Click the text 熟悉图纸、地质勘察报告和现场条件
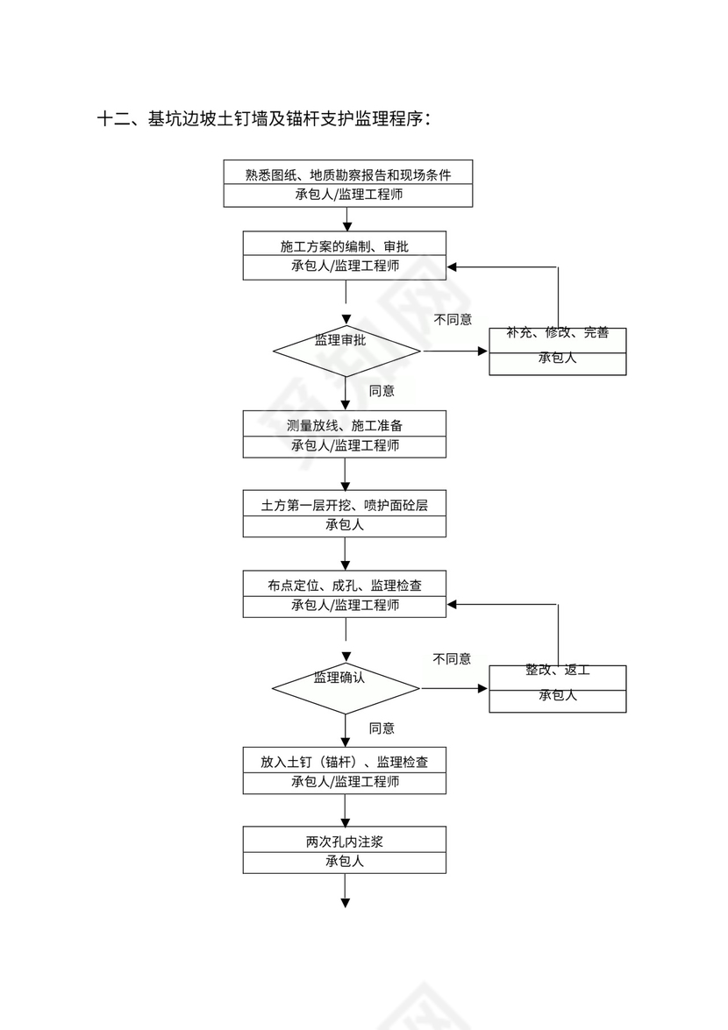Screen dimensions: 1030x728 [348, 174]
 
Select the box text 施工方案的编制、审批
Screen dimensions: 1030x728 [344, 246]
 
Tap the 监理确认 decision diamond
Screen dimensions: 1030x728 [346, 687]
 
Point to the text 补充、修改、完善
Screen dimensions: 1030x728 [557, 333]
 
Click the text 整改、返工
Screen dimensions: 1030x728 [557, 670]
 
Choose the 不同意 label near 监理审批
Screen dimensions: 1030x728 [453, 319]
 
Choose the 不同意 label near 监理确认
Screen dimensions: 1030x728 [452, 658]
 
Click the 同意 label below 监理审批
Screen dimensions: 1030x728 [382, 391]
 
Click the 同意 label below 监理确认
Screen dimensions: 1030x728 [382, 728]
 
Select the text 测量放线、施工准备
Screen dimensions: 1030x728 [344, 425]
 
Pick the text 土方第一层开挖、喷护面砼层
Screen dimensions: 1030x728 [344, 506]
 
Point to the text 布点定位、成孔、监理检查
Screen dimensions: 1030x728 [344, 585]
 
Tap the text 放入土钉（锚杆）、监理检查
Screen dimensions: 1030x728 [344, 762]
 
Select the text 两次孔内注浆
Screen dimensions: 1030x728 [344, 842]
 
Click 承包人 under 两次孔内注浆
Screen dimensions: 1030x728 [344, 862]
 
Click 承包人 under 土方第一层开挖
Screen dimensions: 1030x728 [344, 525]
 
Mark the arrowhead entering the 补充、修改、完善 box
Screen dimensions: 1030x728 [482, 352]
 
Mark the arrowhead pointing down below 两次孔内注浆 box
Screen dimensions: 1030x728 [346, 902]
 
